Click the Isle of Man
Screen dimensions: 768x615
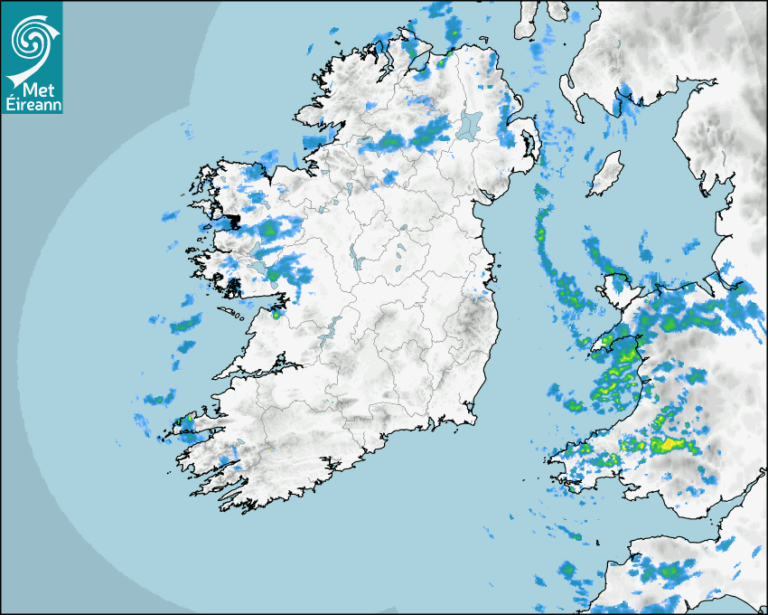click(x=606, y=172)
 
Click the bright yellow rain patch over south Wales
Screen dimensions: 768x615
click(x=670, y=443)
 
